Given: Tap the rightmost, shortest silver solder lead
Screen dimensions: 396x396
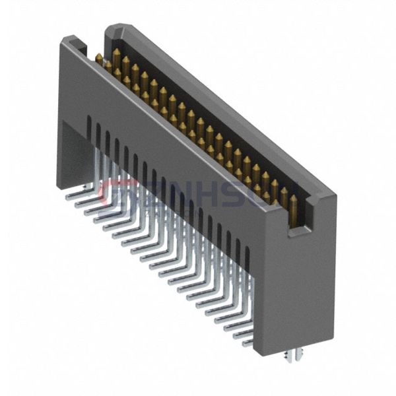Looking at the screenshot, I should click(x=247, y=343).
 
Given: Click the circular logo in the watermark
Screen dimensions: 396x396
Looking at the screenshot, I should click(x=112, y=192).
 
